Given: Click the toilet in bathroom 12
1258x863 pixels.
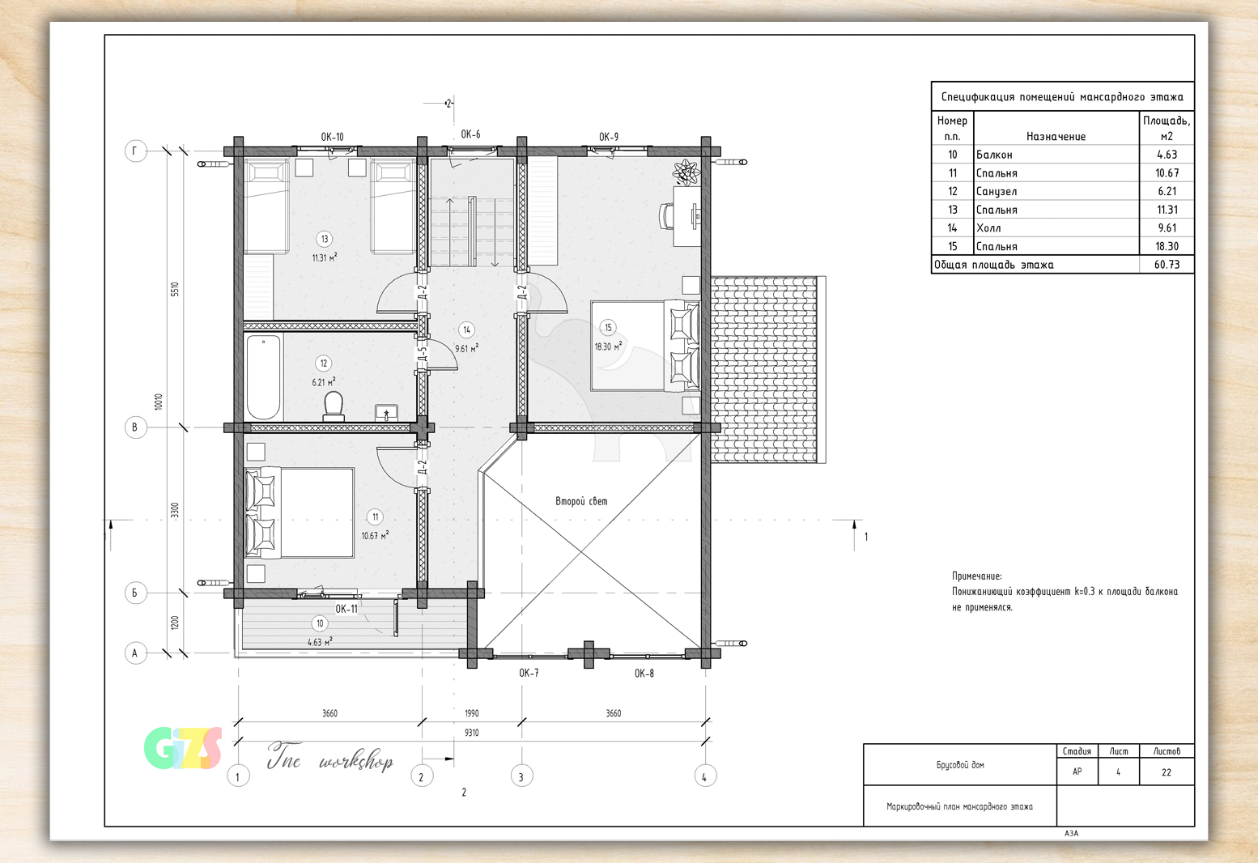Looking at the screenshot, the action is click(334, 406).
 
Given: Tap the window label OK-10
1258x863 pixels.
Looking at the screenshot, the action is click(332, 137).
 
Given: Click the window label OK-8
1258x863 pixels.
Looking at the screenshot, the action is click(644, 674).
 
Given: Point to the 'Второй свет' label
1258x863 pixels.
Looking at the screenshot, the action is click(581, 501).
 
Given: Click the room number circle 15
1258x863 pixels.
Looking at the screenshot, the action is click(608, 327).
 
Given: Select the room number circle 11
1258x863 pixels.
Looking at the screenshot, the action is click(375, 517).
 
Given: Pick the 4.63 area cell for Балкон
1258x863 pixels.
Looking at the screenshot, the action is click(1167, 155).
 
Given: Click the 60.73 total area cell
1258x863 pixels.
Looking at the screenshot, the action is click(1167, 265).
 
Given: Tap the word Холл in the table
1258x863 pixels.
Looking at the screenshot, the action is click(988, 228).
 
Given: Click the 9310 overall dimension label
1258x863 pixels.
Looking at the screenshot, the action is click(471, 732).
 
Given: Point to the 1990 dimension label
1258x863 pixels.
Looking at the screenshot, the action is click(471, 713).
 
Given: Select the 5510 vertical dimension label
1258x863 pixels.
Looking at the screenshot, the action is click(175, 289).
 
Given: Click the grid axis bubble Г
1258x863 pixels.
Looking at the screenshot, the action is click(135, 151).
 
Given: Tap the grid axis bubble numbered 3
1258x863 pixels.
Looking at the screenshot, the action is click(521, 776).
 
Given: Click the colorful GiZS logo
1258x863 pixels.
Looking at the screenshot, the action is click(183, 749).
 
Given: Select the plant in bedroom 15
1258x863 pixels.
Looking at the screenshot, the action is click(686, 172).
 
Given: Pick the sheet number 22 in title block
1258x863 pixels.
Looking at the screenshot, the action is click(1167, 772).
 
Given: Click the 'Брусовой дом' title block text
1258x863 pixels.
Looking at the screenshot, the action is click(960, 765).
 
